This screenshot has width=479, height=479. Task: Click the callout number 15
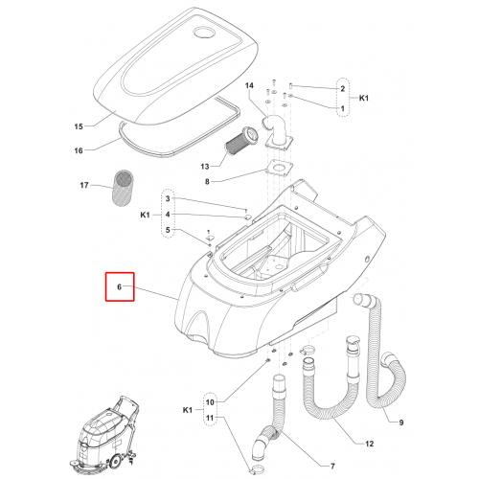click(79, 126)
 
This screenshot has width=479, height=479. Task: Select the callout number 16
click(79, 150)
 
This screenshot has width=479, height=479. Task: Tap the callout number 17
click(84, 185)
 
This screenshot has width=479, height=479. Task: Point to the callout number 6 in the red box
click(120, 287)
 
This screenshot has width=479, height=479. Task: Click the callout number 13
click(205, 167)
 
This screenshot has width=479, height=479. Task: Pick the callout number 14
click(249, 85)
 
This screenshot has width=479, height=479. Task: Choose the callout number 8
click(207, 182)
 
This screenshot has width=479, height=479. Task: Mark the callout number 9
click(401, 422)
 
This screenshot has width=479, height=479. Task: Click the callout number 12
click(369, 444)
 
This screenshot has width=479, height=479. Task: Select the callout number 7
click(332, 467)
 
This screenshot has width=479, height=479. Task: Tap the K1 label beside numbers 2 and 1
click(364, 98)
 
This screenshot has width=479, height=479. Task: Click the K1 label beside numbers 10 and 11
click(188, 410)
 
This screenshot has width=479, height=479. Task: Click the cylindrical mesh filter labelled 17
click(124, 188)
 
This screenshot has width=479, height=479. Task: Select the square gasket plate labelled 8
click(279, 169)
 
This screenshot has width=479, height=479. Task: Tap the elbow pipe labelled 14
click(275, 131)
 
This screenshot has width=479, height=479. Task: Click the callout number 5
click(168, 230)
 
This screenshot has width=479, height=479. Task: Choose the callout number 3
click(168, 198)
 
